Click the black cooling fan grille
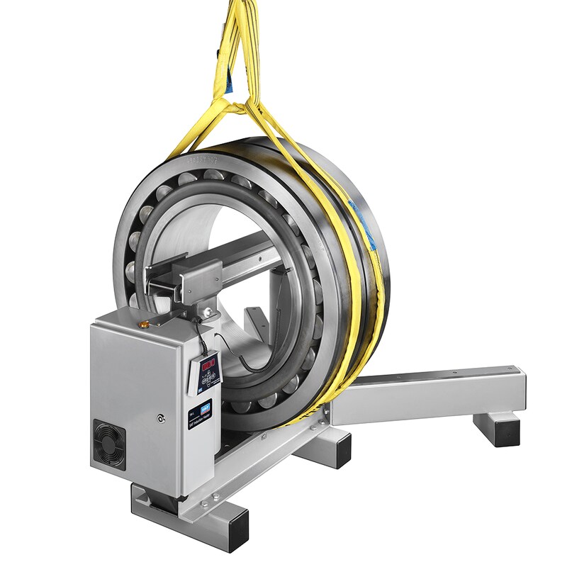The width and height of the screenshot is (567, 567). click(x=109, y=445)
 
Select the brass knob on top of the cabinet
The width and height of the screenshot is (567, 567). click(x=143, y=323)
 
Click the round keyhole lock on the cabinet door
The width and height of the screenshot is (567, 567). click(x=162, y=419)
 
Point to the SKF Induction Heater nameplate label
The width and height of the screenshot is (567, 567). click(x=201, y=417)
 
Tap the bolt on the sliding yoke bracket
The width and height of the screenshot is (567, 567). click(x=206, y=313)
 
